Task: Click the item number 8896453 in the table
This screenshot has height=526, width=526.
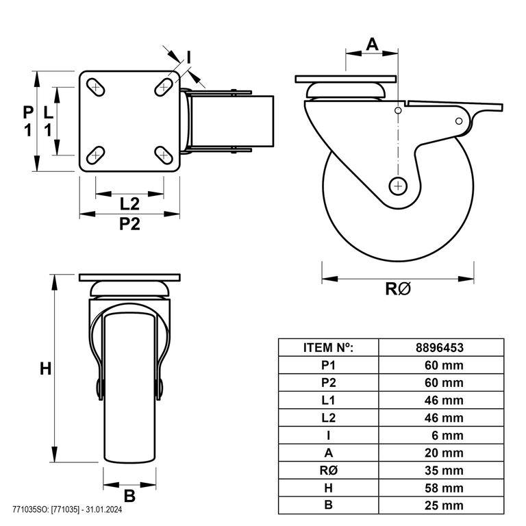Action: tap(440, 347)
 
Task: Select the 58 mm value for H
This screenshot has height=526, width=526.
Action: tap(444, 488)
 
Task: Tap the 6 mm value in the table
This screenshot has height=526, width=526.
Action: tap(447, 436)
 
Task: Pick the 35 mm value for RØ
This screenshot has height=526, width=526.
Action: tap(444, 471)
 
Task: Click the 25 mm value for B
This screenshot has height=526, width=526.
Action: tap(444, 505)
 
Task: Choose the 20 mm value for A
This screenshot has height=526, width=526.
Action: tap(444, 453)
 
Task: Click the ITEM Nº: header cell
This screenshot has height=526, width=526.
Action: tap(329, 347)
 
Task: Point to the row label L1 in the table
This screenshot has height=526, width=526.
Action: tap(329, 400)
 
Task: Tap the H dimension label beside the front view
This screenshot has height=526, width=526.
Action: tap(46, 368)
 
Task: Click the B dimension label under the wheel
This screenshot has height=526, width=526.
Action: tap(129, 496)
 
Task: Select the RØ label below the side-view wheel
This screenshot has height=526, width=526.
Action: tap(398, 289)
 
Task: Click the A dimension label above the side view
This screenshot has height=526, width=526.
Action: tap(372, 44)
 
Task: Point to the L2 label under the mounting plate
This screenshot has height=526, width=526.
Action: tap(129, 204)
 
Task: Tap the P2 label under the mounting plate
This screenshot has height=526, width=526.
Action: tap(129, 224)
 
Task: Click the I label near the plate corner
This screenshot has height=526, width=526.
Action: tap(189, 58)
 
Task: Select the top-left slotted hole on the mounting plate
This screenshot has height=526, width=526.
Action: tap(96, 87)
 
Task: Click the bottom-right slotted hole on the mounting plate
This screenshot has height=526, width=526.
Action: tap(164, 155)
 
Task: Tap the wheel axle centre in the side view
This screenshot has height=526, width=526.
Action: tap(398, 186)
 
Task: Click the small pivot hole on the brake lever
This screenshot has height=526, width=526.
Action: tap(459, 121)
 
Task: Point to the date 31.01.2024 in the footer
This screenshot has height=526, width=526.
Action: tap(104, 510)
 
